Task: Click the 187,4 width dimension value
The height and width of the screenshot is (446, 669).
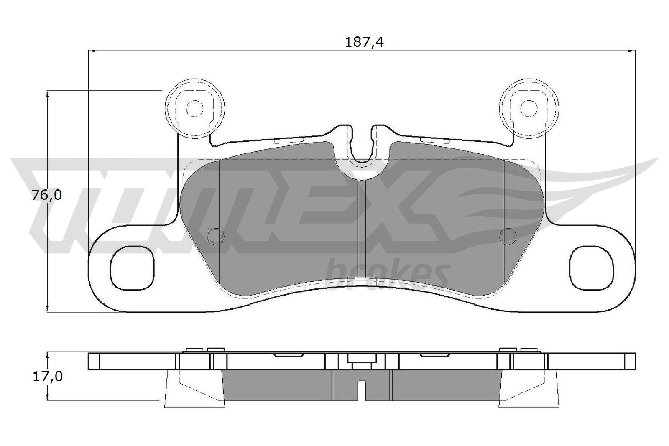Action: point(364,42)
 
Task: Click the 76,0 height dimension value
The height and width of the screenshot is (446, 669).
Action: point(47,195)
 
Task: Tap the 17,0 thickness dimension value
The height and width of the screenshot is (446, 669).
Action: point(47,377)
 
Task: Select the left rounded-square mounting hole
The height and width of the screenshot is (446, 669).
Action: point(132,268)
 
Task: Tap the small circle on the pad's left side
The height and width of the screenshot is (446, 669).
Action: point(216,237)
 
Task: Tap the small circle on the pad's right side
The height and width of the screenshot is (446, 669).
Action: point(508,237)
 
